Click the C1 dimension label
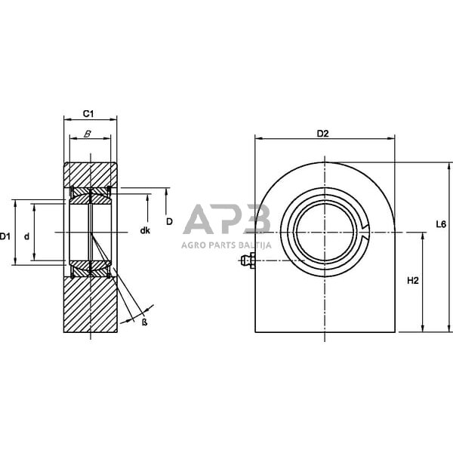[88, 113]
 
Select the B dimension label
[88, 133]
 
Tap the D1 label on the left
[6, 236]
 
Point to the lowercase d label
[26, 236]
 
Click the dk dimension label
[145, 230]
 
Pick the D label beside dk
[169, 221]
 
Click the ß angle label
[143, 322]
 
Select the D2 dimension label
[322, 134]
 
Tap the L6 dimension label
[442, 223]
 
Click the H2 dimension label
[412, 281]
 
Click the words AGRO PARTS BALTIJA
[226, 244]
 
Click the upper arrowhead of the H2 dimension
[422, 236]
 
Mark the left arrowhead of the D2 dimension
[258, 139]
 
